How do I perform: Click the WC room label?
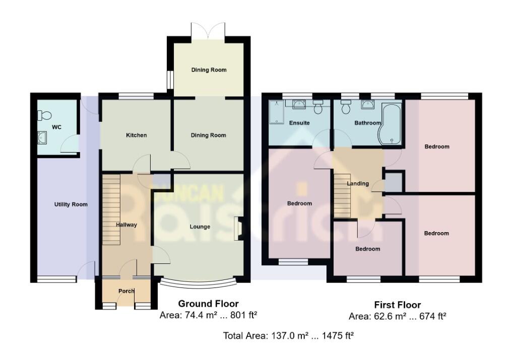point(56,127)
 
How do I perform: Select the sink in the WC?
point(42,137)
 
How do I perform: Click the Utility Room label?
point(71,204)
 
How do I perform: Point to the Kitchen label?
point(136,135)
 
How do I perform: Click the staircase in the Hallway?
point(112,209)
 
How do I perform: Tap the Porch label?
point(126,292)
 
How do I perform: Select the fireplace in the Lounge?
point(239,227)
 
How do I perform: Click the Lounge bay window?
point(200,283)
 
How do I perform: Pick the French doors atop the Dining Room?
point(208,32)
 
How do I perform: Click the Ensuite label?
point(299,123)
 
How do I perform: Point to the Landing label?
point(358,184)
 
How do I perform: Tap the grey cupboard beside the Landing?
point(394,182)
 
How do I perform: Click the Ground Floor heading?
point(208,304)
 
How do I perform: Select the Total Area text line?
point(288,335)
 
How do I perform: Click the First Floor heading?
point(397,305)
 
